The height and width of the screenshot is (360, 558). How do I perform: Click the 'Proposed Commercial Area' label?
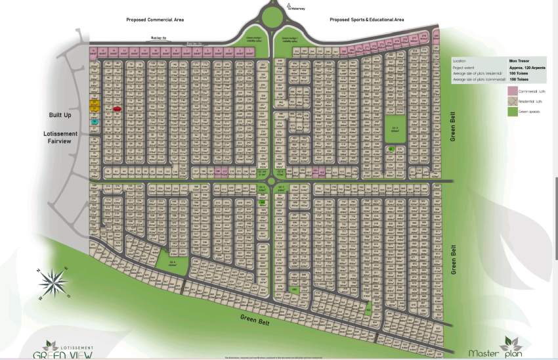(x=155, y=20)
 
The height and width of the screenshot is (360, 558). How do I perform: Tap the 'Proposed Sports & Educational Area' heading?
(x=366, y=20)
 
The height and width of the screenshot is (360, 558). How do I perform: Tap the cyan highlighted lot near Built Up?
(x=95, y=122)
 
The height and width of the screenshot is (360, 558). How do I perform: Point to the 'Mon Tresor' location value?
(x=518, y=61)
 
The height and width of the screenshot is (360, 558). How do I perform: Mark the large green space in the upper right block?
(x=395, y=129)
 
